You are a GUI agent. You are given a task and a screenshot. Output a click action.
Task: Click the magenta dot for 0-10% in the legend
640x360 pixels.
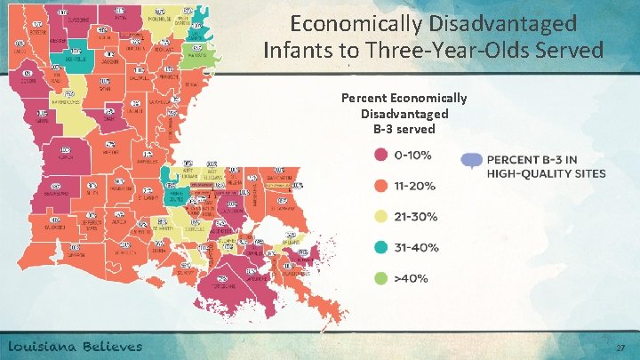coord(380,155)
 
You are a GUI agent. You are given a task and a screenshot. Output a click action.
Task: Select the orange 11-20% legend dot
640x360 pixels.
coord(380,186)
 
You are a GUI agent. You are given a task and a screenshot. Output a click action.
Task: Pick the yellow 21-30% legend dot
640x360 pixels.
coord(380,216)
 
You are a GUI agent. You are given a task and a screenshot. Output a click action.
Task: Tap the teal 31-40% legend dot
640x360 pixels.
coord(380,247)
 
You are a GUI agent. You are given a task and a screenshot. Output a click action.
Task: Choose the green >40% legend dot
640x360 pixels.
coord(380,278)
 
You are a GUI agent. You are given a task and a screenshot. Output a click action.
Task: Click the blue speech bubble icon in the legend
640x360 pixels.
coord(472,161)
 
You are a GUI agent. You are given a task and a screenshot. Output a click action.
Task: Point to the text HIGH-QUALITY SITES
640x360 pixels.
coord(546,173)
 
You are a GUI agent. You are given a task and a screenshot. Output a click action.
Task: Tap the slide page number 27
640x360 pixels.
coord(620,348)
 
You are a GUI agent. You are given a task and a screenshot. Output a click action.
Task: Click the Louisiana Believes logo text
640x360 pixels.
coord(76,346)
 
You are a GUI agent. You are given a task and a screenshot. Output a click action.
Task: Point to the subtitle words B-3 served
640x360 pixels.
coord(404,129)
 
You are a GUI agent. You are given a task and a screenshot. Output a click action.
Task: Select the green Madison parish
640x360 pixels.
coord(196,54)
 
